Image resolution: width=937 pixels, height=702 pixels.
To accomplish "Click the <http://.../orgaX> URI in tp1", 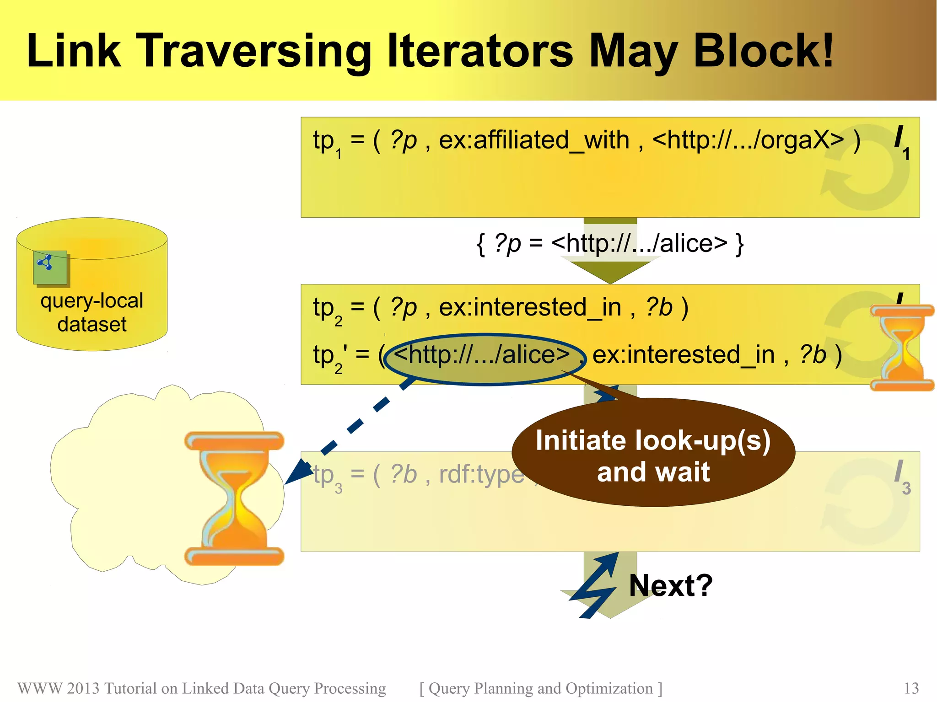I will pyautogui.click(x=748, y=140).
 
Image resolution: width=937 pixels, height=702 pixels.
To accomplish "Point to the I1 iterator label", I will pyautogui.click(x=901, y=142).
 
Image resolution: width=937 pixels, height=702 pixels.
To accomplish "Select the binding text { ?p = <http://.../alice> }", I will pyautogui.click(x=610, y=243).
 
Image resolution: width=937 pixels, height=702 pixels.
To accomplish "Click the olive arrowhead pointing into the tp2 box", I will pyautogui.click(x=610, y=272).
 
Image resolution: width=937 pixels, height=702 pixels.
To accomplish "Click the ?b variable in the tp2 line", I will pyautogui.click(x=659, y=307).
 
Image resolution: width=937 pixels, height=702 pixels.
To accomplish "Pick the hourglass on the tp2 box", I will pyautogui.click(x=901, y=348).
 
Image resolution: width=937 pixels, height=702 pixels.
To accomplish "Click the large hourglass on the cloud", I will pyautogui.click(x=234, y=498).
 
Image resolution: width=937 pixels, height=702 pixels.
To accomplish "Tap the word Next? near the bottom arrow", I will pyautogui.click(x=670, y=585).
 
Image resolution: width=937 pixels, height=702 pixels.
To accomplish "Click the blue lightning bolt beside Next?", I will pyautogui.click(x=595, y=585).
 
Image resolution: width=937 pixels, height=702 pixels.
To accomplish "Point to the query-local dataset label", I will pyautogui.click(x=92, y=312).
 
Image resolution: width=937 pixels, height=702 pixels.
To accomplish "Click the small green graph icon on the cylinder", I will pyautogui.click(x=50, y=267).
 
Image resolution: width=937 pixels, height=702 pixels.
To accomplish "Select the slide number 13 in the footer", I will pyautogui.click(x=911, y=688).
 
